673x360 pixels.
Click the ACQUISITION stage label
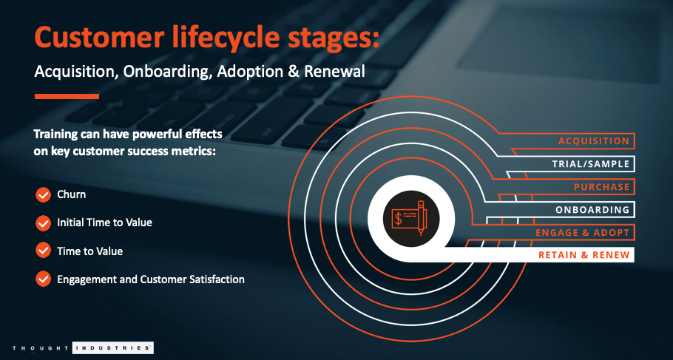(x=594, y=141)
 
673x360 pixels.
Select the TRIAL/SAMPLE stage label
(x=591, y=164)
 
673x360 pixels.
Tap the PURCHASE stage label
(x=602, y=187)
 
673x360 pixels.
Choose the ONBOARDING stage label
(x=592, y=210)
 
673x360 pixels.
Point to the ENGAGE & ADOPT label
(x=583, y=233)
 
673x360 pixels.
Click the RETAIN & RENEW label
(x=584, y=255)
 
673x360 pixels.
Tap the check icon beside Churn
(x=43, y=195)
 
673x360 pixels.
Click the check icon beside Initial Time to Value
(x=43, y=223)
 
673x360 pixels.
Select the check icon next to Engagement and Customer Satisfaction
(x=43, y=279)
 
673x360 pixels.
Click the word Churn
(x=71, y=194)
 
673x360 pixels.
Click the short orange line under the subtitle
(x=67, y=97)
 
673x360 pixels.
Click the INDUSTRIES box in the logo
(x=113, y=347)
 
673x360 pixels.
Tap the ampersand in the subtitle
(x=294, y=72)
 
